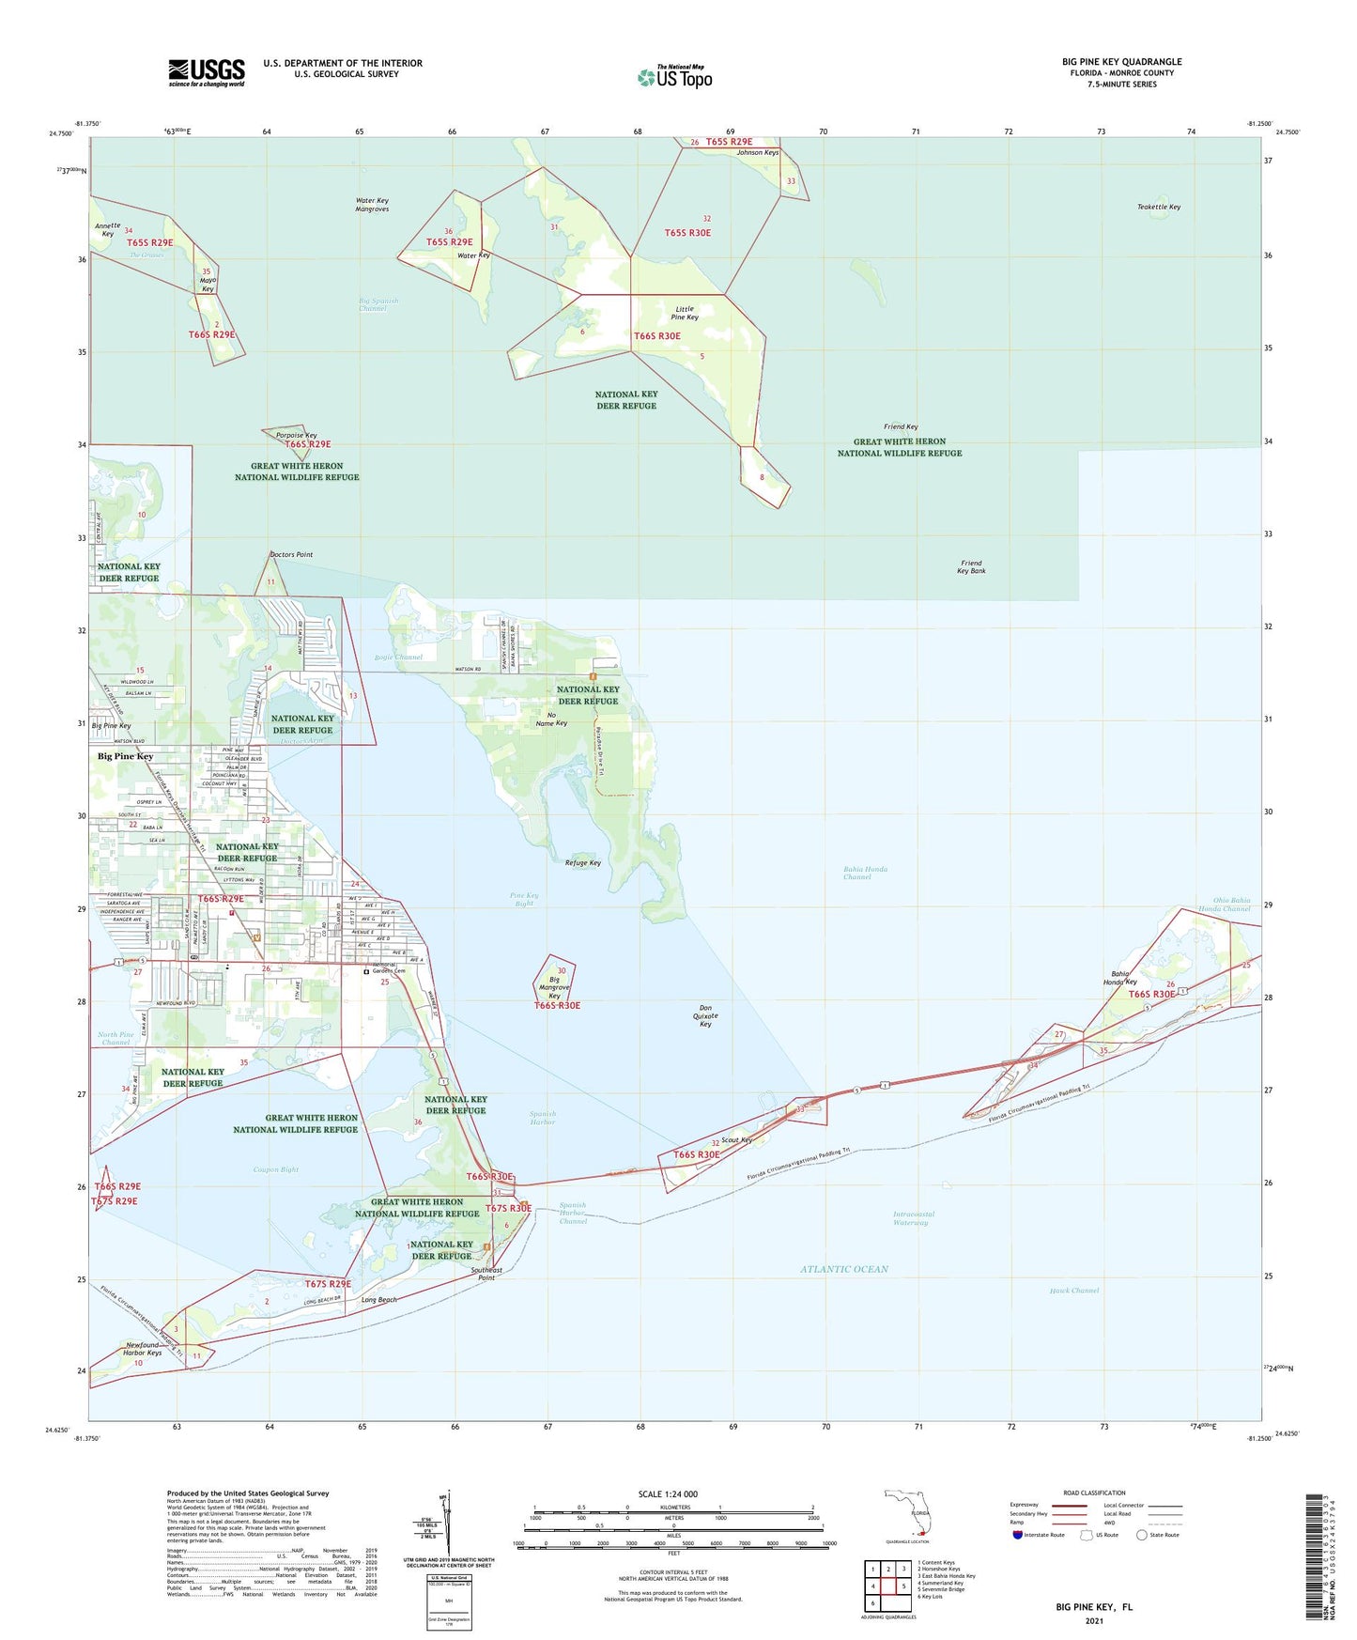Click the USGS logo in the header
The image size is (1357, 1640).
(x=207, y=72)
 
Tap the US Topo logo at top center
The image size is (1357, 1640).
(x=674, y=76)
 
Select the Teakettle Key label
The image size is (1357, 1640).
(x=1158, y=207)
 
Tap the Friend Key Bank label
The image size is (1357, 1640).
(x=971, y=566)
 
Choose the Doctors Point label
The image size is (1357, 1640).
(x=291, y=554)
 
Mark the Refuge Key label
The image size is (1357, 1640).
(x=582, y=862)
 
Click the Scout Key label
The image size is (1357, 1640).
(x=737, y=1140)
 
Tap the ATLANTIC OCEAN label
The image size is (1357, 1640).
(x=844, y=1269)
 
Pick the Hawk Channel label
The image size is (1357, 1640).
(x=1073, y=1290)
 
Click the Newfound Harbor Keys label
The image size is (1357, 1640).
(x=143, y=1349)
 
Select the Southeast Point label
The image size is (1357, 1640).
(x=486, y=1274)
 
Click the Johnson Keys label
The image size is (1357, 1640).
(x=757, y=152)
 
